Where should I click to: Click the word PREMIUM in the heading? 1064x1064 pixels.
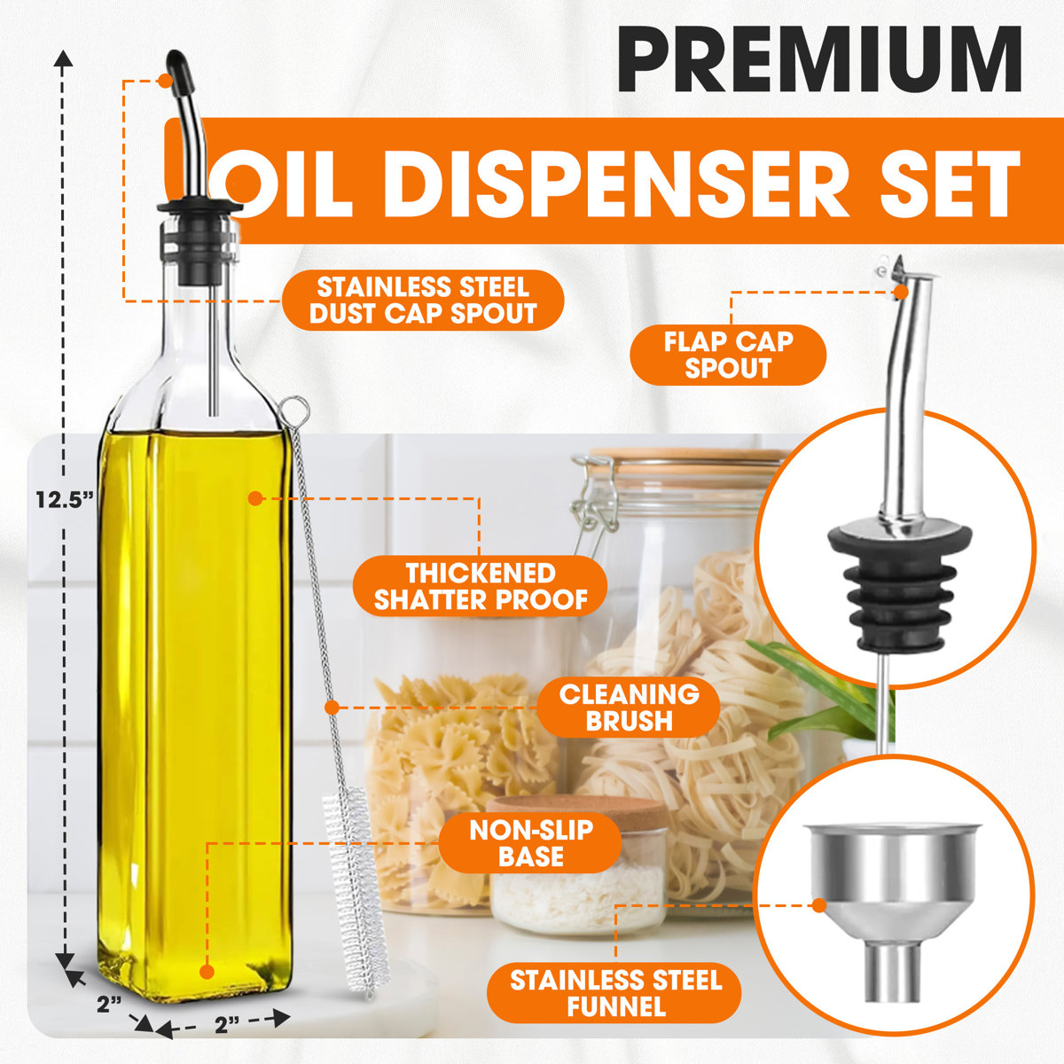[x=820, y=59]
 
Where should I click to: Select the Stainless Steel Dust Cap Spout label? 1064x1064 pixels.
[x=423, y=301]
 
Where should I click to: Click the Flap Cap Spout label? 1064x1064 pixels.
[x=728, y=354]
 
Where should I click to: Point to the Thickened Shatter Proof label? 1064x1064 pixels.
[x=481, y=586]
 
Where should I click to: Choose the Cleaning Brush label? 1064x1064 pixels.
[x=629, y=707]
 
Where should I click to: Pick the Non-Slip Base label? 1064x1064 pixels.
[x=531, y=842]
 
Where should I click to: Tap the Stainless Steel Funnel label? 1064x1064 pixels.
[x=615, y=993]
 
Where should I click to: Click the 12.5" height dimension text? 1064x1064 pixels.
[x=65, y=499]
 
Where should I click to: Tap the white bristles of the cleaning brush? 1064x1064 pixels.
[x=354, y=896]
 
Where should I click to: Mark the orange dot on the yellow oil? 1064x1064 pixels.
[x=254, y=498]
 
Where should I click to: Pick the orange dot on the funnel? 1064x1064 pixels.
[x=818, y=905]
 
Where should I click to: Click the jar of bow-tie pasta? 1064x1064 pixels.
[x=461, y=745]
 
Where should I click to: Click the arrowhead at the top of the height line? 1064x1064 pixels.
[x=63, y=59]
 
